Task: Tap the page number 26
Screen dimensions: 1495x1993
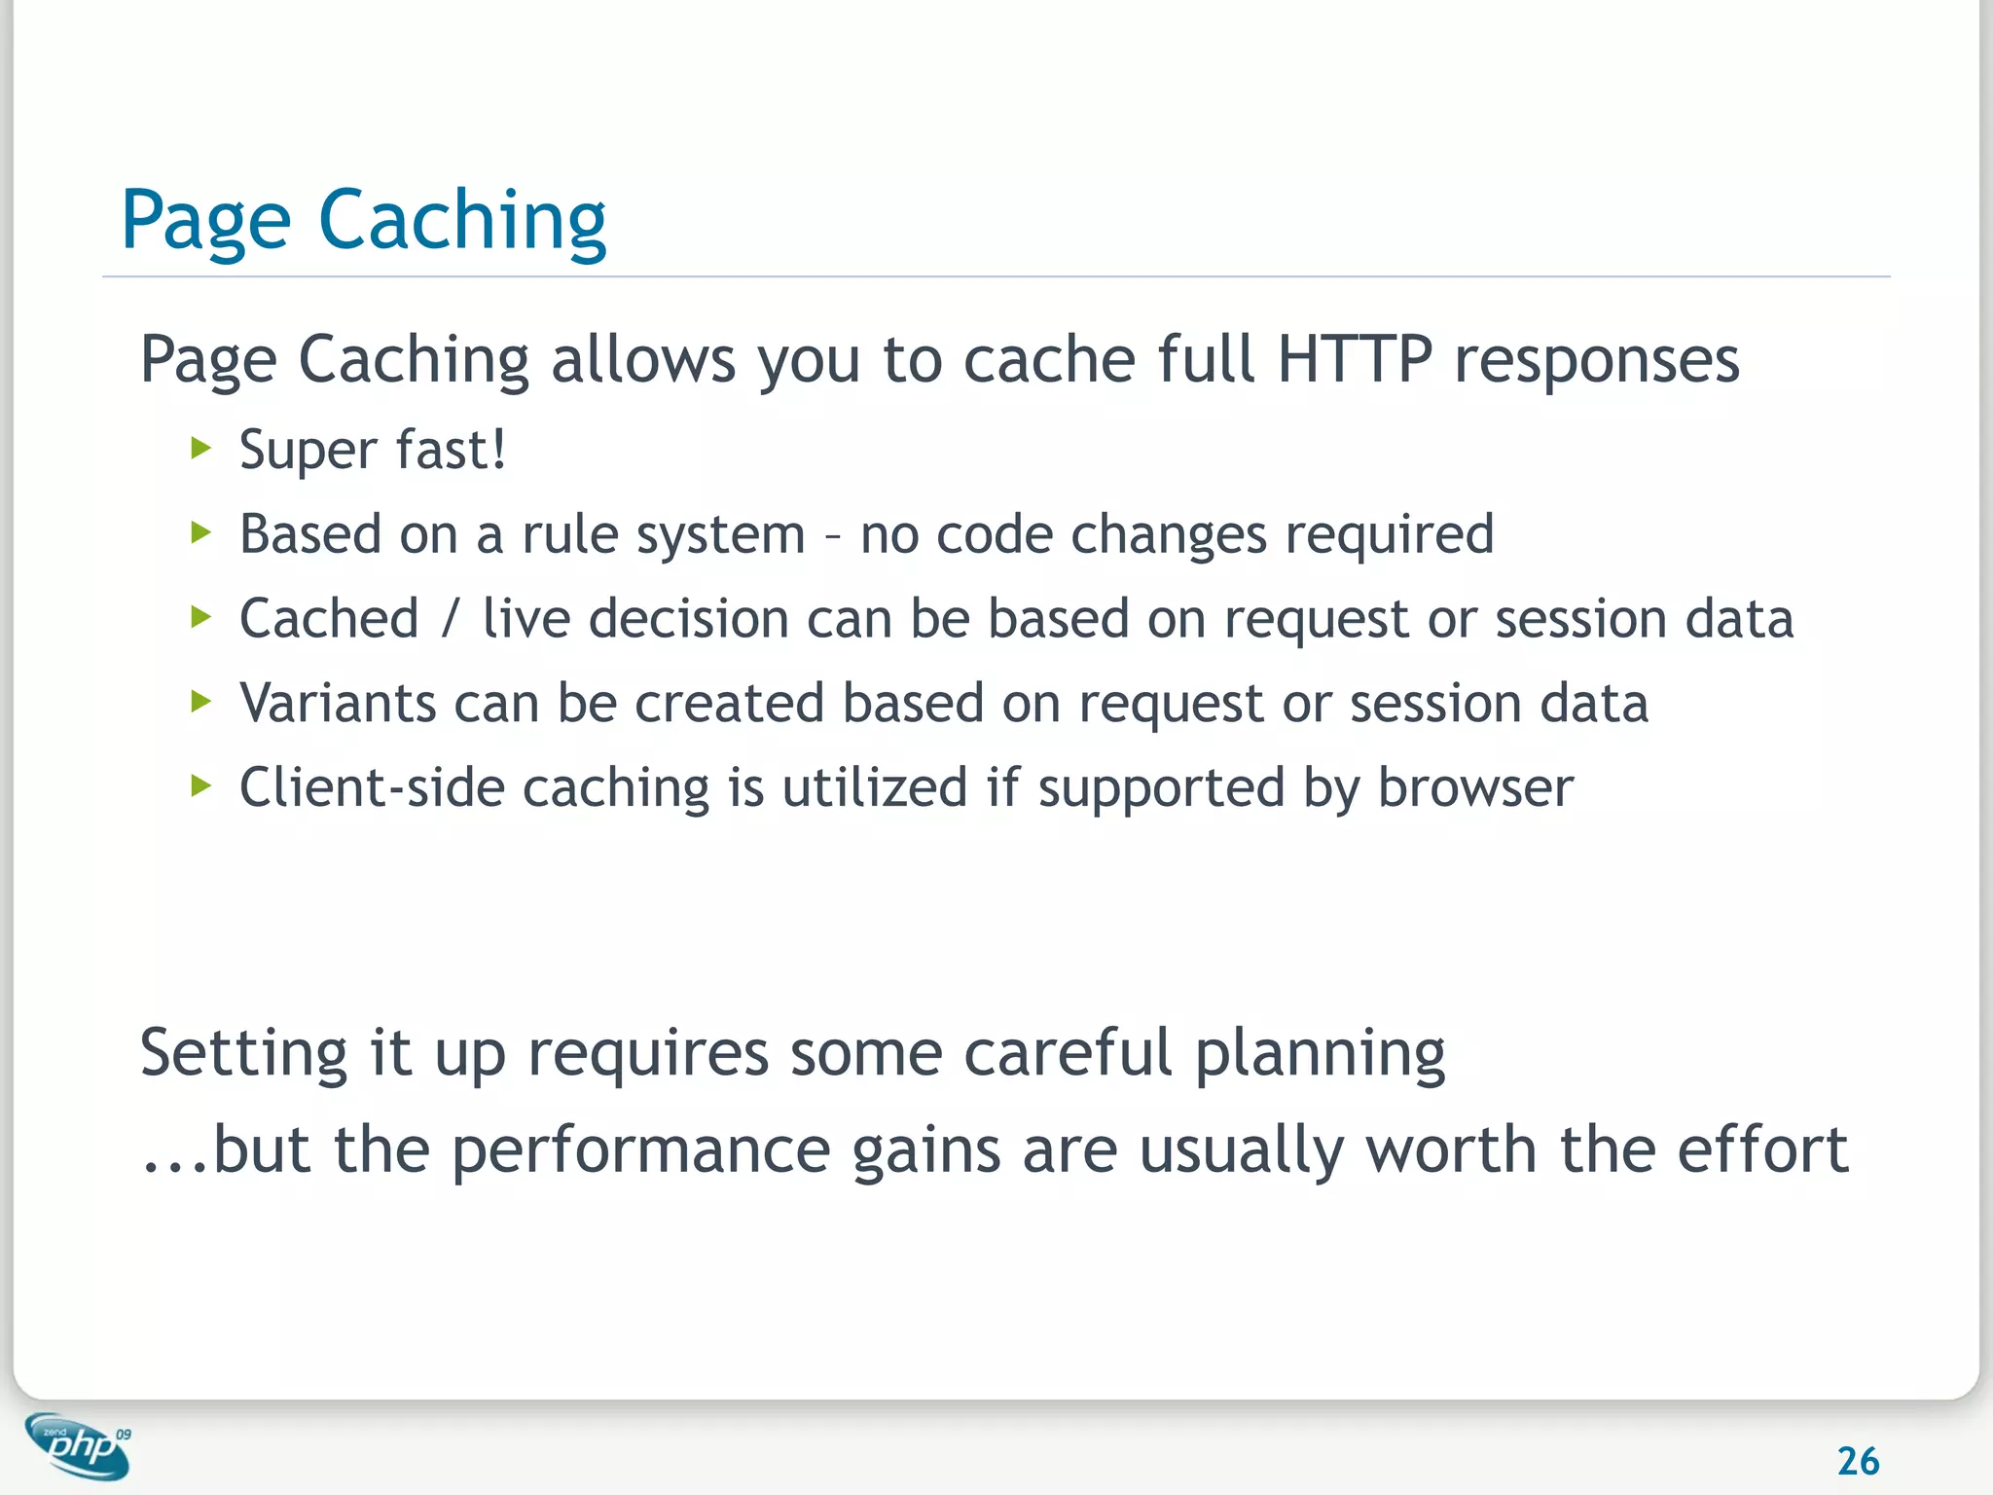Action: tap(1858, 1461)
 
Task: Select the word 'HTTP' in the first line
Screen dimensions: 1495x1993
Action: tap(1355, 359)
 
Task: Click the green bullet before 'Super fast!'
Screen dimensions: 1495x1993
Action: tap(201, 449)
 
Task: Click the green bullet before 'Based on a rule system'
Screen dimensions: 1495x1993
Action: tap(201, 532)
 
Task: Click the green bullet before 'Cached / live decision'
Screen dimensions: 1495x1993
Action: tap(201, 617)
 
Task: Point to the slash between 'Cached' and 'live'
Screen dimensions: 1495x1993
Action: tap(450, 619)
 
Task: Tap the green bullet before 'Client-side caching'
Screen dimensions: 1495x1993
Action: tap(201, 785)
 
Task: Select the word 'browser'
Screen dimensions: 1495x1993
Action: tap(1474, 787)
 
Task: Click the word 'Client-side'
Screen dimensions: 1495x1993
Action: tap(373, 787)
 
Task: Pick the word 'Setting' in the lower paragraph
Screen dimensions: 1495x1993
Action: tap(243, 1054)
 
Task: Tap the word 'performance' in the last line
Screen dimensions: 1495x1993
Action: tap(640, 1150)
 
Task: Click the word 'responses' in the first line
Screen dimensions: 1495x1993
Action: tap(1596, 361)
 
